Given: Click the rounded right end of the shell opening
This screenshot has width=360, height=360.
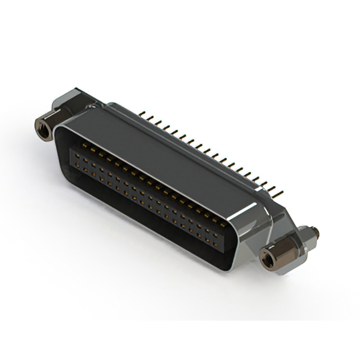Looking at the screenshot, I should [236, 247].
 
